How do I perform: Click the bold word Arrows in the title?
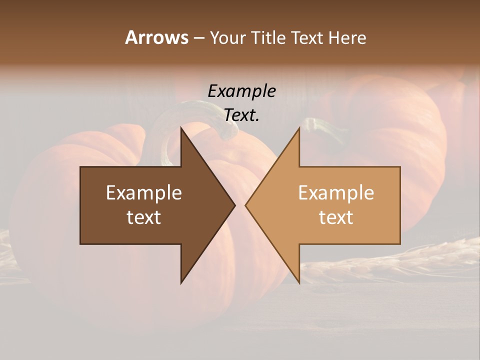156,37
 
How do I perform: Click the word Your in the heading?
227,37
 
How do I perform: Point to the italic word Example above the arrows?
241,91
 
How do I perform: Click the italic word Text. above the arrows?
241,115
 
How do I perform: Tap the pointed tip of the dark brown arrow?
233,205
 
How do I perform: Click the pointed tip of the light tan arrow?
247,205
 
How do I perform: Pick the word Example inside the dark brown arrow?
144,192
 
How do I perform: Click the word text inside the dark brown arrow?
144,217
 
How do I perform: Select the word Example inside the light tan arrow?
336,192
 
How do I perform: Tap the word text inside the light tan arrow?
336,217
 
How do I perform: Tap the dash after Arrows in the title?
198,38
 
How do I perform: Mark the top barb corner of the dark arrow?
181,128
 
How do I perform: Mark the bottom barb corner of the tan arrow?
299,282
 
